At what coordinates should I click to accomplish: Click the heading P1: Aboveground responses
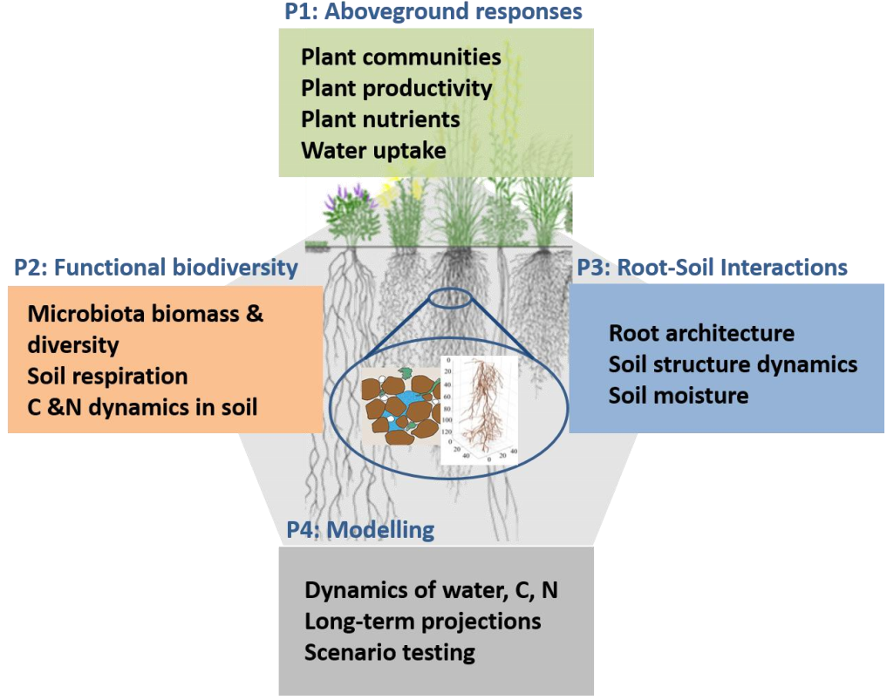pyautogui.click(x=433, y=12)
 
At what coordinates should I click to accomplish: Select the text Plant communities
pyautogui.click(x=401, y=58)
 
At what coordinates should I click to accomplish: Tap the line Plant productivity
pyautogui.click(x=397, y=88)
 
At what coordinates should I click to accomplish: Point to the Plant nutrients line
pyautogui.click(x=380, y=119)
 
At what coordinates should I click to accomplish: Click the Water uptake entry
pyautogui.click(x=373, y=150)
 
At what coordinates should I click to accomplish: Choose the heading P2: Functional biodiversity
pyautogui.click(x=156, y=268)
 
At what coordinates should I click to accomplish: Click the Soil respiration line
pyautogui.click(x=107, y=376)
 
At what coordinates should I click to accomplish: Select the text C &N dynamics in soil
pyautogui.click(x=142, y=406)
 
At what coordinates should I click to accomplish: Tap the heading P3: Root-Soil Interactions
pyautogui.click(x=713, y=268)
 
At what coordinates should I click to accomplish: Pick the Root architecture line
pyautogui.click(x=701, y=333)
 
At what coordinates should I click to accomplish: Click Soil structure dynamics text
pyautogui.click(x=733, y=364)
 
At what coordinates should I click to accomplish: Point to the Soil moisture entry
pyautogui.click(x=679, y=395)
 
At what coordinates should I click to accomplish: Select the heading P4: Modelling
pyautogui.click(x=360, y=529)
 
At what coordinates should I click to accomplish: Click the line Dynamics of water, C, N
pyautogui.click(x=431, y=590)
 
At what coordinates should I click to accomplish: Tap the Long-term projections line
pyautogui.click(x=423, y=622)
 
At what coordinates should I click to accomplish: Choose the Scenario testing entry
pyautogui.click(x=390, y=652)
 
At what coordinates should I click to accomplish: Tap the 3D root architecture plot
pyautogui.click(x=480, y=410)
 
